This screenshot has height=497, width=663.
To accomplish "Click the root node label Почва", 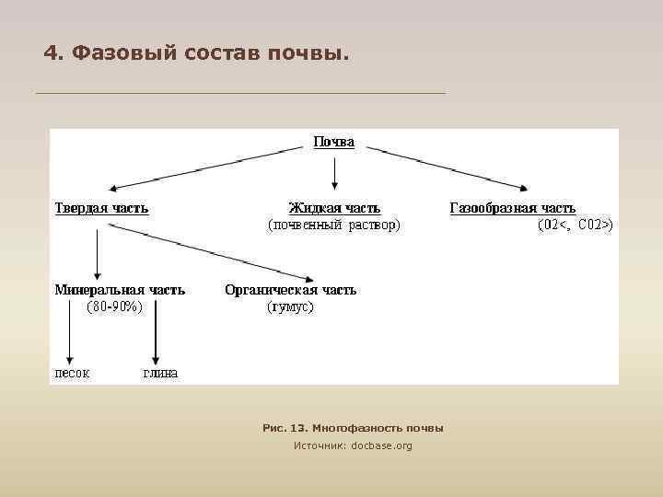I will coord(333,143).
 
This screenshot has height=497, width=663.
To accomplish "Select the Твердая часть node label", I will coord(101,208).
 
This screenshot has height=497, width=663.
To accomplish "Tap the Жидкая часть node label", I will coord(333,208).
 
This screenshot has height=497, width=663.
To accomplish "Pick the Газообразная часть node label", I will coord(512,208).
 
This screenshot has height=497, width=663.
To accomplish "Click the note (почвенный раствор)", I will coord(333,224).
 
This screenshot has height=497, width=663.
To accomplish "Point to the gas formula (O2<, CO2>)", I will coord(575,224).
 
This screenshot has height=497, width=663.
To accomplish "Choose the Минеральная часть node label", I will coord(120,290).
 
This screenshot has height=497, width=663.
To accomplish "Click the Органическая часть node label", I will coord(290,290).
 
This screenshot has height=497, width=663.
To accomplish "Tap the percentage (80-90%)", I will coord(114,306).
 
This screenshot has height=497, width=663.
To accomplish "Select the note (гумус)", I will coord(290,306).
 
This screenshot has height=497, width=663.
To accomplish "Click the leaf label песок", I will coord(72,373).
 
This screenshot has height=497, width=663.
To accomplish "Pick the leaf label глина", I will coord(159,373).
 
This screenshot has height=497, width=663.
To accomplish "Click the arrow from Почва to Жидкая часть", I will coord(334,173).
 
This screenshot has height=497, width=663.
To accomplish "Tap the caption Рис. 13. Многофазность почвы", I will coord(353,428).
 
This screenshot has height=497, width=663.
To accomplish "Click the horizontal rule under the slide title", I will coord(239,93).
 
